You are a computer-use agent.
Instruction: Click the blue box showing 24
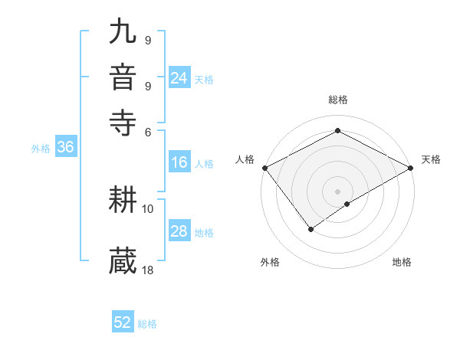coord(179,78)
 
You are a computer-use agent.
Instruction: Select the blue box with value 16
coord(179,162)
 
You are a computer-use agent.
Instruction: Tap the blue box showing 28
coord(179,232)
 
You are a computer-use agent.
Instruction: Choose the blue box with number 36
coord(65,148)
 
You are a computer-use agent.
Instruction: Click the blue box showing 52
coord(123,322)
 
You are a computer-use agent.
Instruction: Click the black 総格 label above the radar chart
coord(337,100)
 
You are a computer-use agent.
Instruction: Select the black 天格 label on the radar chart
coord(431,159)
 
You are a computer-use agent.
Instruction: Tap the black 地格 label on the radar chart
coord(402,262)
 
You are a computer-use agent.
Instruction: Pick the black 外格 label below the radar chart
coord(270,262)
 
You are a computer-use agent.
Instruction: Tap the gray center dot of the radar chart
coord(337,191)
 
